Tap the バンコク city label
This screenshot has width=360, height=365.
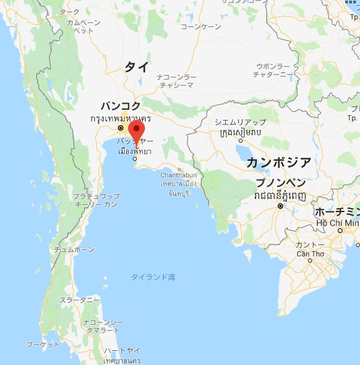coord(121,106)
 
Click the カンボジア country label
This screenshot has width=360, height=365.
coord(278,162)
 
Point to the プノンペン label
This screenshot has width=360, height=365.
coord(281,183)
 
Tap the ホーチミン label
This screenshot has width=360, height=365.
coord(338,211)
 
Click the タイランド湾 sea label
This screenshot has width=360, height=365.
coord(153,277)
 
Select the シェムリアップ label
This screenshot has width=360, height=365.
coord(240,122)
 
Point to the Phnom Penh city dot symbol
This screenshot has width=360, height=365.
coord(280,206)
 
